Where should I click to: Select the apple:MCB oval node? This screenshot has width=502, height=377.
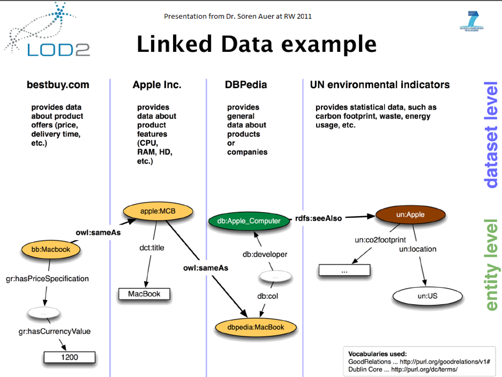pos(158,211)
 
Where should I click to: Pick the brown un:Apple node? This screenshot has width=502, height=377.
pos(408,214)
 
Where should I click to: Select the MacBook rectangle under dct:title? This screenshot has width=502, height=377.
pos(144,294)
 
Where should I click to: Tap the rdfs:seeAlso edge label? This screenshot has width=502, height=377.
pos(318,218)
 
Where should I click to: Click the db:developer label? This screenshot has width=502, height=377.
pos(265,255)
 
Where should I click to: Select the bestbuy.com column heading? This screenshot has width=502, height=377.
pos(58,84)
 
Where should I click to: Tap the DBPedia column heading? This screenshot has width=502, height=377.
pos(246,84)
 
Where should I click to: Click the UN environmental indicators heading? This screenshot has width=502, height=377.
pos(380,84)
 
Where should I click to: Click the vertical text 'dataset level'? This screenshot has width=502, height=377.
pos(491,135)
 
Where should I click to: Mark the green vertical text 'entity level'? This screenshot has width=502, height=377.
pos(491,265)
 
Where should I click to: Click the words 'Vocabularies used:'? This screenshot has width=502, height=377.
pos(378,354)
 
